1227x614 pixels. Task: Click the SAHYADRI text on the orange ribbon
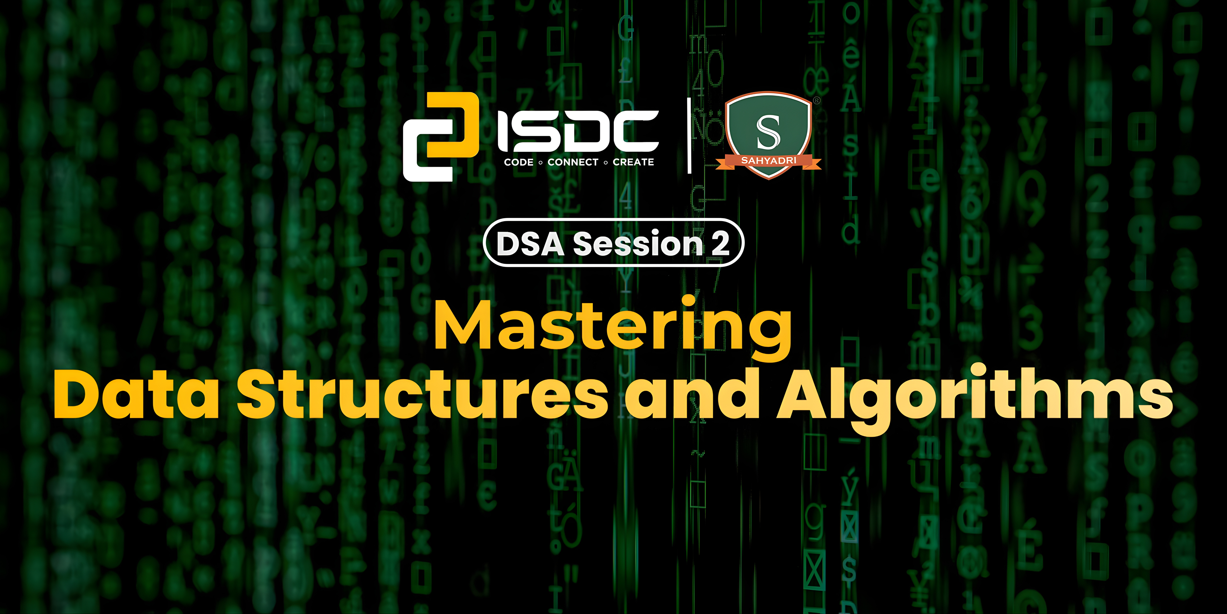[x=768, y=161]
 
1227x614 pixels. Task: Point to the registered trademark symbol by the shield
[x=816, y=101]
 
